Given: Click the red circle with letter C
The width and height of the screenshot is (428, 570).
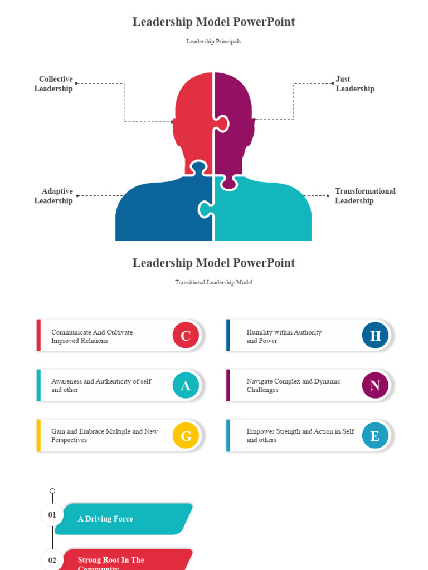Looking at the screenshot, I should click(186, 335).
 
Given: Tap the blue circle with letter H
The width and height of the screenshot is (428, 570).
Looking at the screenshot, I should click(375, 335).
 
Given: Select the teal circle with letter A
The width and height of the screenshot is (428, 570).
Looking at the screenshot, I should click(186, 385).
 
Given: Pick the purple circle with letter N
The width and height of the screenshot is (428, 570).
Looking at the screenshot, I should click(375, 385).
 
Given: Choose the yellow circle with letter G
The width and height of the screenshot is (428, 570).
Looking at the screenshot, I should click(186, 435).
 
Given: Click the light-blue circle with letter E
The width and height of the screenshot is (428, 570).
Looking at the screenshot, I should click(375, 435).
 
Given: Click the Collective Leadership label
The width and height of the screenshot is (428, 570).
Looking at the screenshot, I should click(54, 84).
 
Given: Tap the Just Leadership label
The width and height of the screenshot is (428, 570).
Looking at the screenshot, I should click(354, 84).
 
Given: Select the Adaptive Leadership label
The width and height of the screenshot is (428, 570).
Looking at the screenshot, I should click(54, 196).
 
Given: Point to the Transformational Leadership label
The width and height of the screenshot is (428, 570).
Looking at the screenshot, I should click(364, 196).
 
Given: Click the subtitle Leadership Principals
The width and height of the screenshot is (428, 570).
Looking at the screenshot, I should click(213, 42).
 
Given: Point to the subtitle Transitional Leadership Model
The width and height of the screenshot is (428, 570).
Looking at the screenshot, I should click(213, 283).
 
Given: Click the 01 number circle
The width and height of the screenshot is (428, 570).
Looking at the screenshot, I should click(52, 515).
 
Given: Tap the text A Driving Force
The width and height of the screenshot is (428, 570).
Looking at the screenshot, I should click(105, 519).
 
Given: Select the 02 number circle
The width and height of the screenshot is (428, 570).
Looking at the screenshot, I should click(52, 560).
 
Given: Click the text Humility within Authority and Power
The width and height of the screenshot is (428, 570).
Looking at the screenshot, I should click(284, 336).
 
